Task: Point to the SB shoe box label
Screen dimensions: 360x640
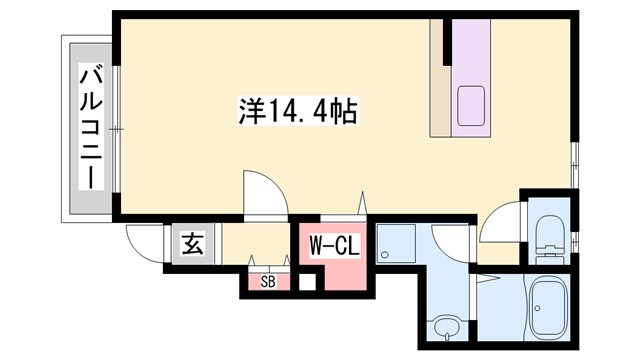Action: click(268, 282)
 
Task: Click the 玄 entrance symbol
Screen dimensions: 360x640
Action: click(192, 244)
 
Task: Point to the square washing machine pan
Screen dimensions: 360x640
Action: click(396, 245)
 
